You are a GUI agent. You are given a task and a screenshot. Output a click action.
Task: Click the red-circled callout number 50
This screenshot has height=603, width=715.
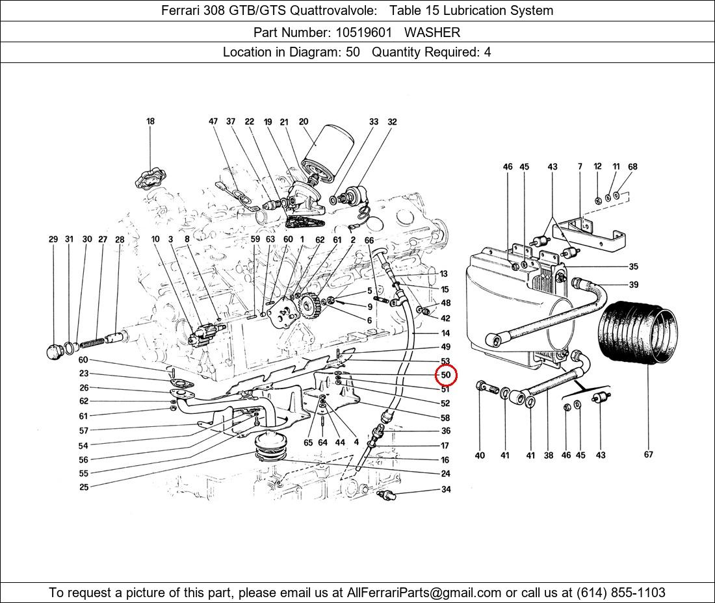point(446,375)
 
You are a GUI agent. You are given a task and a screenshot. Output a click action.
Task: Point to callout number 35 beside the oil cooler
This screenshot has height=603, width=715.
point(633,266)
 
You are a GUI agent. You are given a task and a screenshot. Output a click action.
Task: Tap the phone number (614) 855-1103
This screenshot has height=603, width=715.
point(620,593)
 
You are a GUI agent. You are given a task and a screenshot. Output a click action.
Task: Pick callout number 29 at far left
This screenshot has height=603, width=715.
point(53,239)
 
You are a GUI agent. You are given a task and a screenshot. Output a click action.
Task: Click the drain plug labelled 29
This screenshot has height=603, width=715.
point(56,351)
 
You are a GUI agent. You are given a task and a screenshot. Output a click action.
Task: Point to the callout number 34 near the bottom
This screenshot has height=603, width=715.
point(446,489)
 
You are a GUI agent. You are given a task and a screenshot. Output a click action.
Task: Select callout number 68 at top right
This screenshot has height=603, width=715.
point(632,166)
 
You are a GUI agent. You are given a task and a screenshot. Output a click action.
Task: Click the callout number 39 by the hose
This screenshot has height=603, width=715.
point(633,285)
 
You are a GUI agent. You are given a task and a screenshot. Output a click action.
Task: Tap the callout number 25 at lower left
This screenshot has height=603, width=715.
point(84,487)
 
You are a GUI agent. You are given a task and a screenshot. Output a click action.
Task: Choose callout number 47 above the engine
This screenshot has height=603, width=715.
point(213,122)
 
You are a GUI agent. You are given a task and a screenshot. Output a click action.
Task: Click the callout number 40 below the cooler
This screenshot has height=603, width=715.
point(480,455)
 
